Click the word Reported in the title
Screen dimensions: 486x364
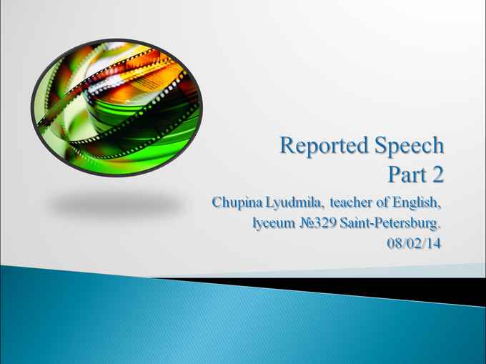click(324, 146)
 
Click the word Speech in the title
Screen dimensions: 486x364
click(410, 146)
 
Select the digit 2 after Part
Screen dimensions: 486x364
click(438, 174)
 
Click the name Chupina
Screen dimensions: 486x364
click(238, 203)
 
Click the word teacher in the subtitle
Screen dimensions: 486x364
click(350, 202)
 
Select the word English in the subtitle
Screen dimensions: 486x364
click(416, 203)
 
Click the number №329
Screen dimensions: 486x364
click(318, 223)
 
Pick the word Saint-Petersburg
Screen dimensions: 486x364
click(390, 223)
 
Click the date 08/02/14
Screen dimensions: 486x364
click(414, 243)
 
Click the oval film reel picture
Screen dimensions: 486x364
click(116, 107)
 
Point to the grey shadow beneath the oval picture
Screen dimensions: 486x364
click(116, 203)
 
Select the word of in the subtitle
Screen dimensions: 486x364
click(382, 202)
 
